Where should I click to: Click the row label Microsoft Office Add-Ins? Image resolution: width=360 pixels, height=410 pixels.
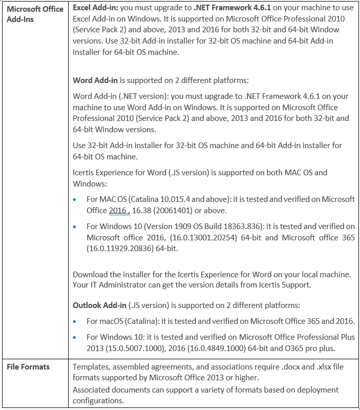click(x=35, y=14)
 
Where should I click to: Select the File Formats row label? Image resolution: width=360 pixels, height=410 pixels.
click(x=28, y=367)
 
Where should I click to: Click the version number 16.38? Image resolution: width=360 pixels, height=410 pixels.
click(x=141, y=210)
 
